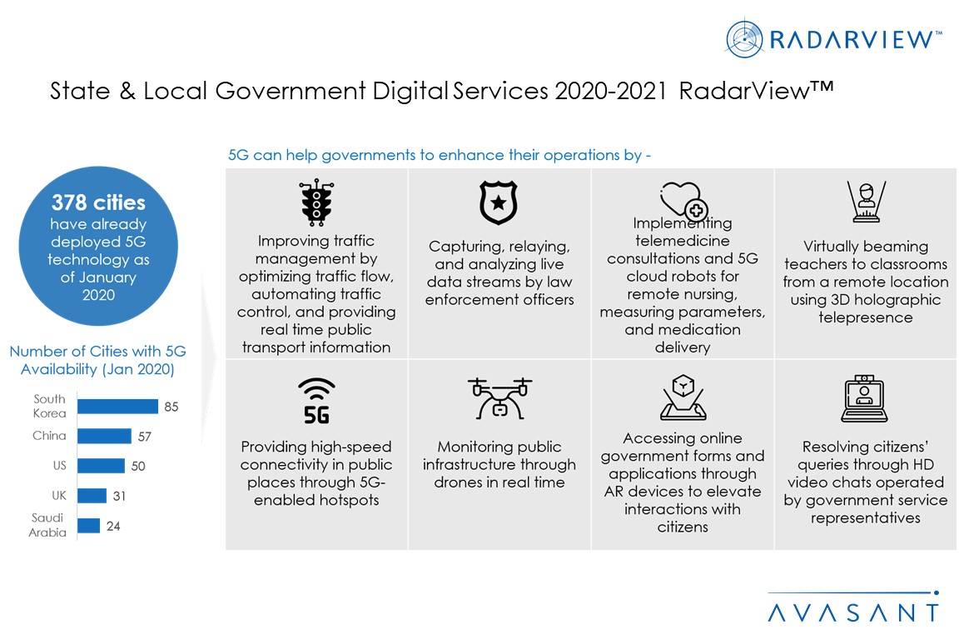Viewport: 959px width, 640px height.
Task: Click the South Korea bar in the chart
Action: coord(117,406)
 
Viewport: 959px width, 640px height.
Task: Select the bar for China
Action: coord(104,436)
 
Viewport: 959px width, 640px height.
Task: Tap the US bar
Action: coord(101,466)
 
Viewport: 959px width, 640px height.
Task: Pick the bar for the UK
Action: coord(92,495)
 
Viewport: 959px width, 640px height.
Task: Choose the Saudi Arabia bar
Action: coord(89,525)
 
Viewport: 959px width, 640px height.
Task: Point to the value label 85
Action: coord(171,407)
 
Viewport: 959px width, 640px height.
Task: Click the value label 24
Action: coord(113,526)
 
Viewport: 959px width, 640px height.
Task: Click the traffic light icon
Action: coord(316,202)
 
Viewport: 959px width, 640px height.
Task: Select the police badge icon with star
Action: coord(499,202)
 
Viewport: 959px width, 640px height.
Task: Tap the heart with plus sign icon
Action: coord(683,200)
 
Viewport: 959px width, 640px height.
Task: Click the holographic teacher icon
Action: coord(866,202)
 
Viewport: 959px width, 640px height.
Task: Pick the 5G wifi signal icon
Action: coord(316,401)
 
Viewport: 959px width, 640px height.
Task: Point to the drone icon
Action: coord(499,398)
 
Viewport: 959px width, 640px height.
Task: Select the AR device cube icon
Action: coord(683,397)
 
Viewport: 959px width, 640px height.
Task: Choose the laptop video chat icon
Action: coord(864,398)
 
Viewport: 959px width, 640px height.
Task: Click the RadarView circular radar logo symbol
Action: coord(744,39)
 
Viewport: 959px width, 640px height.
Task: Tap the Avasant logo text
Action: coord(853,612)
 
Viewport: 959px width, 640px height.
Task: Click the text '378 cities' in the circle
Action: coord(98,202)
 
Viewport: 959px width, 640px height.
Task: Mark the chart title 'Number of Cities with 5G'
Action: coord(98,352)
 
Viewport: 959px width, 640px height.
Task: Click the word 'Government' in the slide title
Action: coord(291,91)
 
